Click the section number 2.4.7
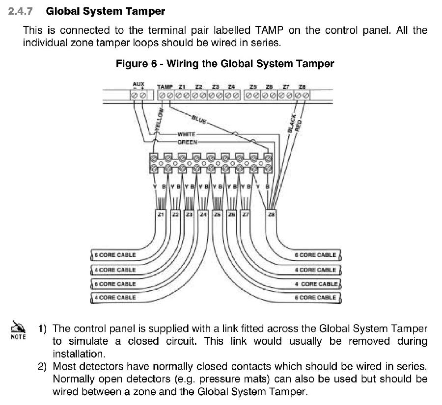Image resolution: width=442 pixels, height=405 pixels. (x=22, y=11)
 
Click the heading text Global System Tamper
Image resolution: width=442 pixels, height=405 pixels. (x=106, y=11)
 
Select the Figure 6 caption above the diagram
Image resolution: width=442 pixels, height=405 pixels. (x=224, y=64)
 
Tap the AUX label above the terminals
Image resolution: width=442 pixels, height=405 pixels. (x=138, y=84)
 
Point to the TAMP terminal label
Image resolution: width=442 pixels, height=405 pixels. (x=165, y=87)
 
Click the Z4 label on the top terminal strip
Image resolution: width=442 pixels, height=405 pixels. (x=231, y=87)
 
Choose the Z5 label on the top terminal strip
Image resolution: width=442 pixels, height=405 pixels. (x=253, y=87)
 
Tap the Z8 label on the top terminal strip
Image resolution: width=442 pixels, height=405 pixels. (x=302, y=87)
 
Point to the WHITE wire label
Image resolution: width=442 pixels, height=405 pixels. (x=187, y=134)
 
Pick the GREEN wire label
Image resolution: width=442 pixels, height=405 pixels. (x=187, y=142)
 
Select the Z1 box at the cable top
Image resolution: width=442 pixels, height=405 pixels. (x=161, y=214)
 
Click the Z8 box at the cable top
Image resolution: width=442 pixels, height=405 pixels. (x=271, y=214)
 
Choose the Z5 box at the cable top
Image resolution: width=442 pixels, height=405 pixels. (x=218, y=214)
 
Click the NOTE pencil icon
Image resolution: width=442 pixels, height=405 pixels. (x=18, y=327)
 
